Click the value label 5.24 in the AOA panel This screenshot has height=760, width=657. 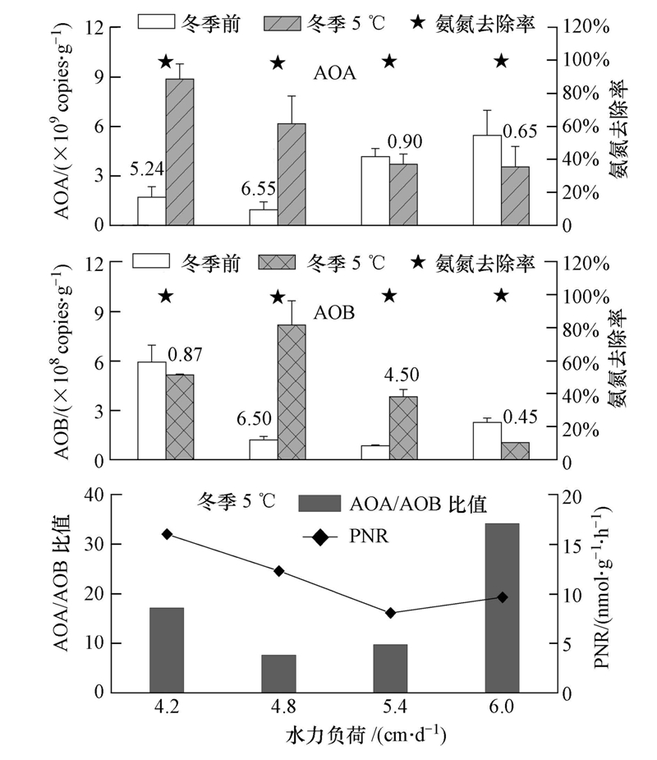148,171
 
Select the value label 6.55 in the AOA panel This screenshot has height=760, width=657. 258,189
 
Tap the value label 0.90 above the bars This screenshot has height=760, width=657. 404,140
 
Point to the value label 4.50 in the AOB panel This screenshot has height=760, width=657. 402,375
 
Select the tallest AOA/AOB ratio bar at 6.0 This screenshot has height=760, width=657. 502,607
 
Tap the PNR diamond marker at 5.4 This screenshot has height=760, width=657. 390,613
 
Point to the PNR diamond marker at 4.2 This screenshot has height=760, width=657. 167,534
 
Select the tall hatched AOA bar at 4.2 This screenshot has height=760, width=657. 180,151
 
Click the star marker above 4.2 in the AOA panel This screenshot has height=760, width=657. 166,62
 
